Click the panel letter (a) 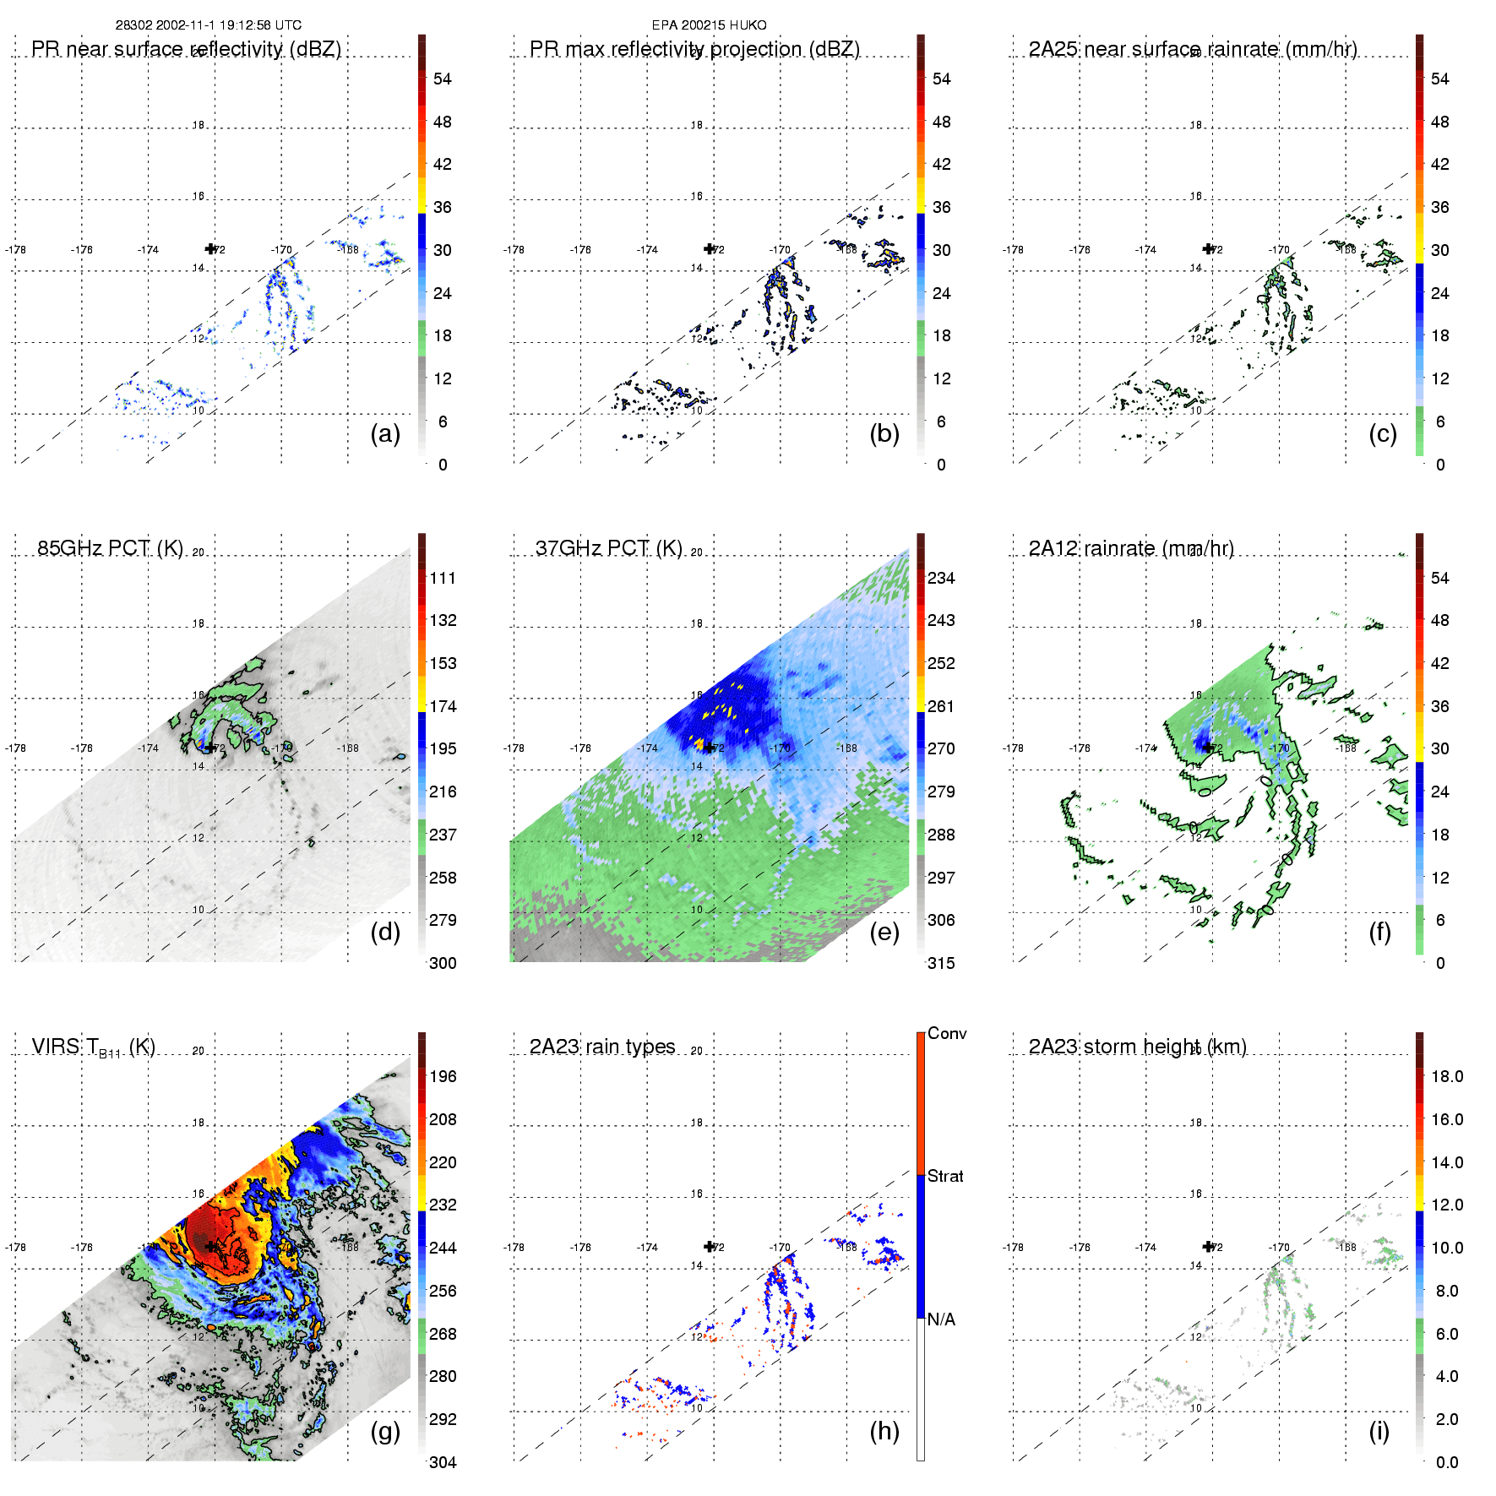pyautogui.click(x=385, y=433)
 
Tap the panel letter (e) pyautogui.click(x=884, y=932)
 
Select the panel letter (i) pyautogui.click(x=1379, y=1431)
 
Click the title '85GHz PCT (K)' pyautogui.click(x=110, y=548)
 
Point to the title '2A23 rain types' pyautogui.click(x=602, y=1047)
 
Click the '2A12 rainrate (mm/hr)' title pyautogui.click(x=1131, y=548)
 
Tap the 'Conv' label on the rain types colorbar pyautogui.click(x=947, y=1033)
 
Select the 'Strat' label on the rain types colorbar pyautogui.click(x=945, y=1176)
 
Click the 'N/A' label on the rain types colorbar pyautogui.click(x=941, y=1319)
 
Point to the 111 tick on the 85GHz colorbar pyautogui.click(x=443, y=578)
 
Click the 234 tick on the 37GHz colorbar pyautogui.click(x=941, y=578)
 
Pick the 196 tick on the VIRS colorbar pyautogui.click(x=443, y=1076)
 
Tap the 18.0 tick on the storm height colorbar pyautogui.click(x=1447, y=1076)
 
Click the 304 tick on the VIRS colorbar pyautogui.click(x=443, y=1462)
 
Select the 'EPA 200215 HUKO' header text pyautogui.click(x=709, y=25)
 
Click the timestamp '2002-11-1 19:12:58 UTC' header pyautogui.click(x=226, y=25)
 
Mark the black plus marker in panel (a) pyautogui.click(x=211, y=248)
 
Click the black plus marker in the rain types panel pyautogui.click(x=710, y=1246)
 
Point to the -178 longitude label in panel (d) pyautogui.click(x=15, y=748)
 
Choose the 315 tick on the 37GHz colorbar pyautogui.click(x=941, y=963)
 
